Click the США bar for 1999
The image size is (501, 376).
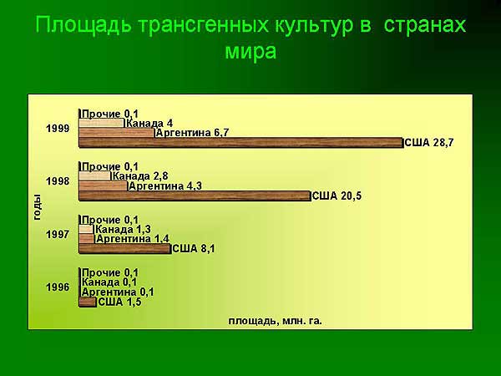241,143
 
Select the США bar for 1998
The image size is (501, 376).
195,196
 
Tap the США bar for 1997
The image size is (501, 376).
125,249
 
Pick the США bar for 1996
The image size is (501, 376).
88,302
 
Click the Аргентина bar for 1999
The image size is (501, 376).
117,133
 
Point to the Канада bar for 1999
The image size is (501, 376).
102,124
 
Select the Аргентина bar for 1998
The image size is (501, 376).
104,186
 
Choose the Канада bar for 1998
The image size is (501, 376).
95,176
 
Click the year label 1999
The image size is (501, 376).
58,129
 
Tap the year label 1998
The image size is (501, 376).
58,181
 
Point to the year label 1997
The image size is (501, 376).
58,235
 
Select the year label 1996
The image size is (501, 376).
58,287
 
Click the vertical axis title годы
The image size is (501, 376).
37,207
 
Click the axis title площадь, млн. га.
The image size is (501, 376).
275,321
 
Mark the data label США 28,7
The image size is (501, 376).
429,143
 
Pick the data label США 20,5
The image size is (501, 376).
337,196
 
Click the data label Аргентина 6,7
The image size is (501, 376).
192,133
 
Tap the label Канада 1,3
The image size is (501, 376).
123,229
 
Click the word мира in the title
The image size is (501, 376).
250,51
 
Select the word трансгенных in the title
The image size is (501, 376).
204,25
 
